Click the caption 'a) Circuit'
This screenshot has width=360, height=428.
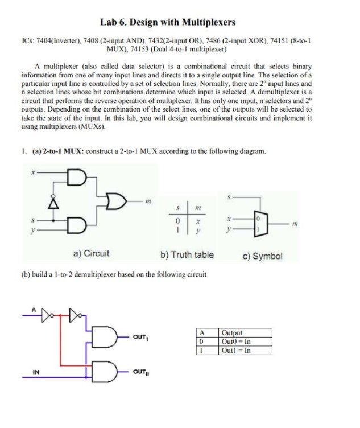tap(91, 254)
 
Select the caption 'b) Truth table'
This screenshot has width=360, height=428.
tap(187, 254)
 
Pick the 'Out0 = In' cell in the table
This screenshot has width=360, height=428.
tap(236, 341)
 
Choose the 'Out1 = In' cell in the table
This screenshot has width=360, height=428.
tap(236, 350)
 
